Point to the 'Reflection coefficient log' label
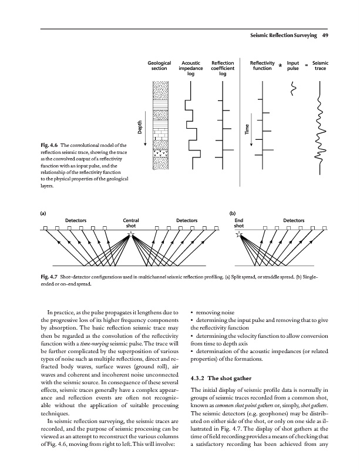pyautogui.click(x=223, y=68)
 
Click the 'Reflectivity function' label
pyautogui.click(x=262, y=65)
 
